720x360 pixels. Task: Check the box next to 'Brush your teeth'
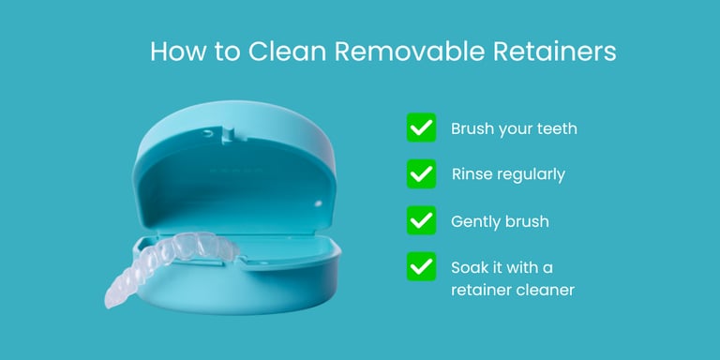[421, 127]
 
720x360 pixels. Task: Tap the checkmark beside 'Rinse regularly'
[421, 173]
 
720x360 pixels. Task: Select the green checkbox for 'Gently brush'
[421, 220]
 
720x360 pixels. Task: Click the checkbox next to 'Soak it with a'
[421, 266]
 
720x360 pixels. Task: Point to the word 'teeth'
[556, 128]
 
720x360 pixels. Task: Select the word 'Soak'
[471, 267]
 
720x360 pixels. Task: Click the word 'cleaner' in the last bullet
[547, 290]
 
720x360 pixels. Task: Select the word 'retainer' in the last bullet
[483, 290]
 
